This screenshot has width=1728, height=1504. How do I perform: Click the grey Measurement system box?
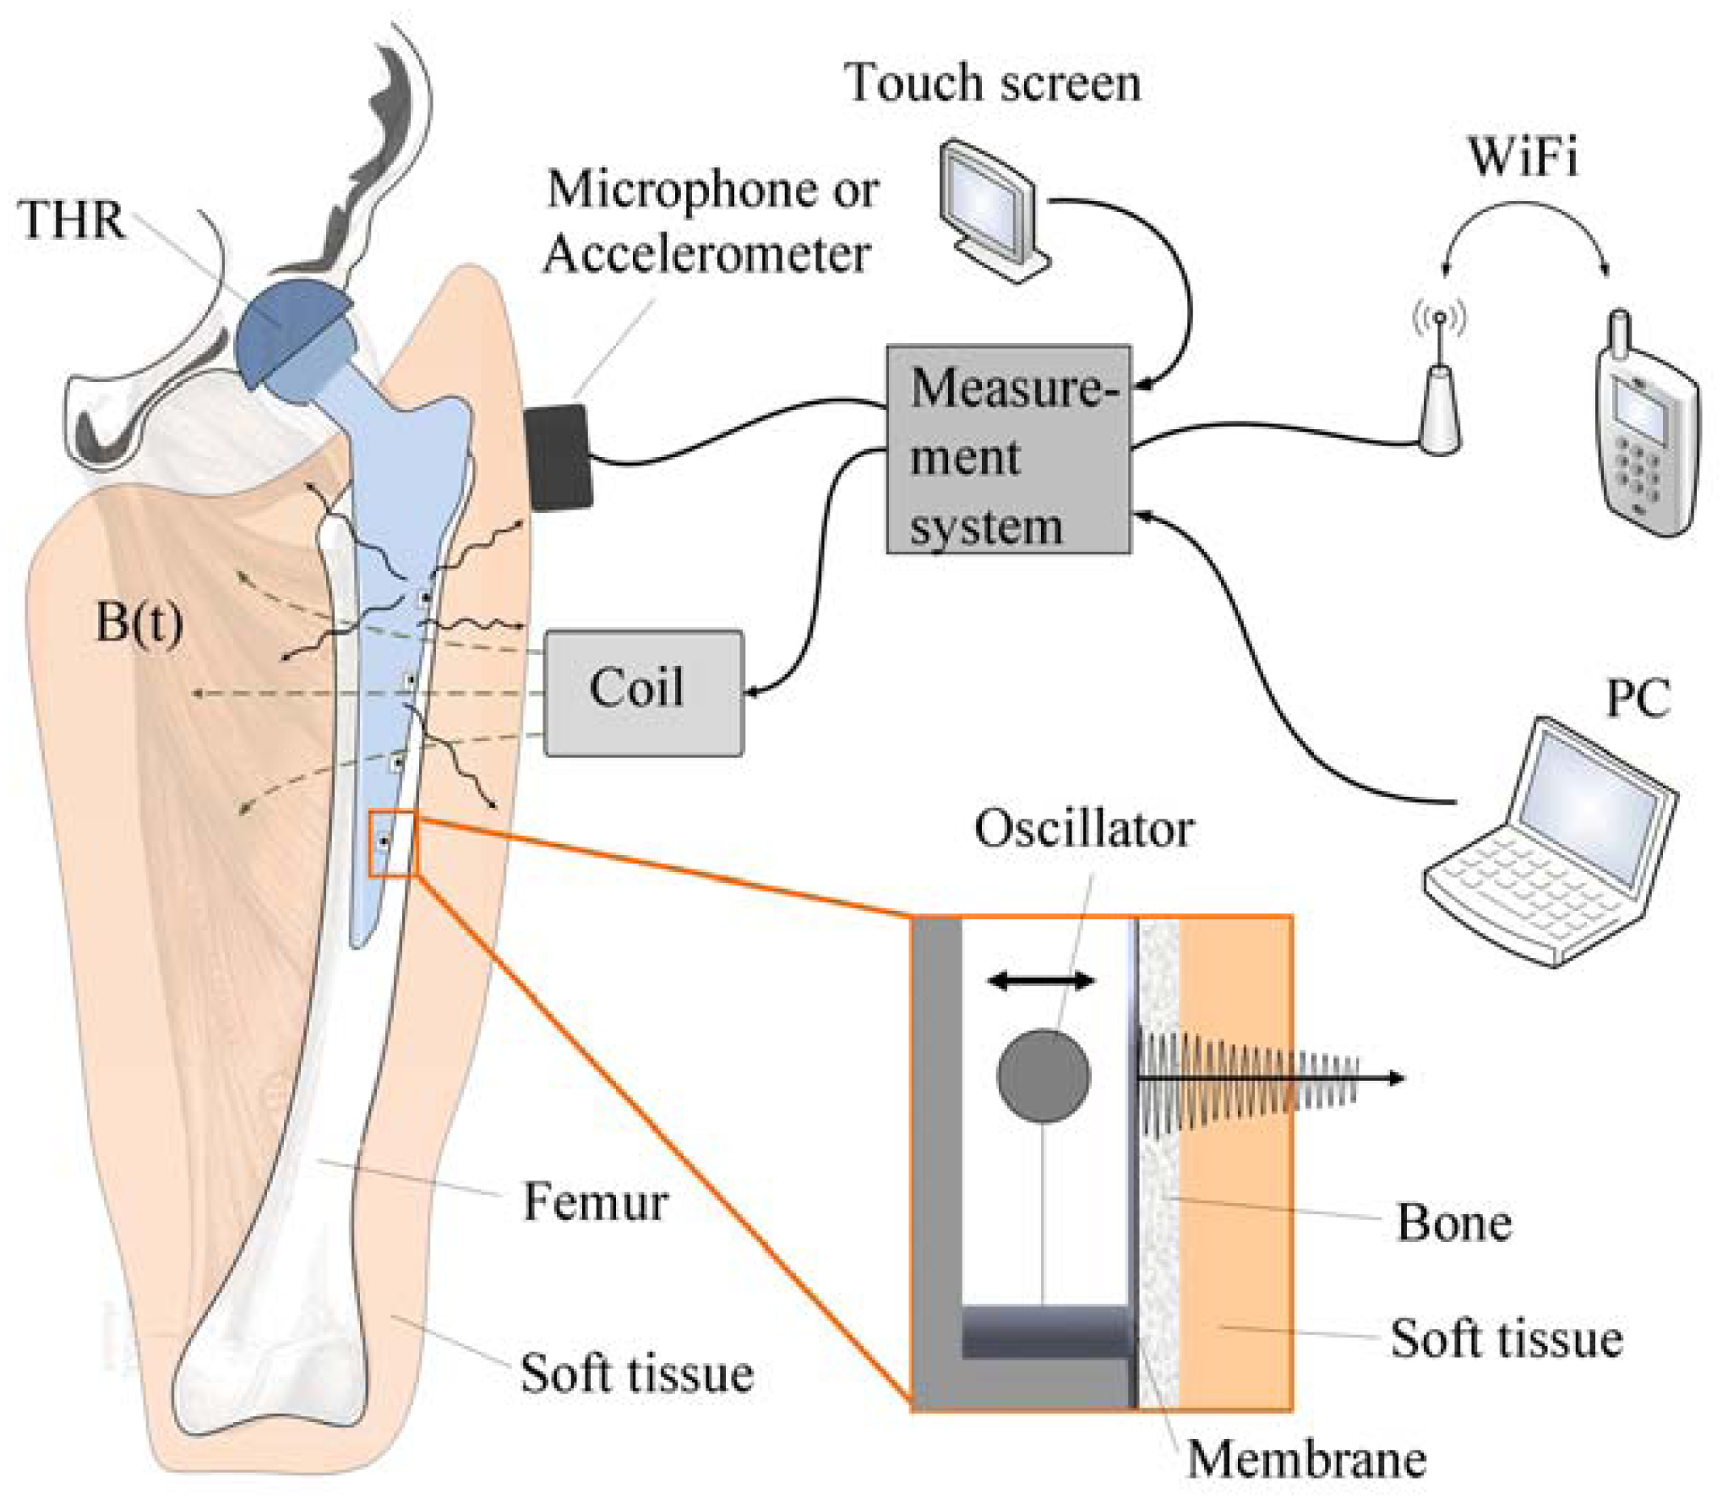[x=1007, y=450]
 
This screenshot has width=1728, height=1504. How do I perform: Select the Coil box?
[x=644, y=692]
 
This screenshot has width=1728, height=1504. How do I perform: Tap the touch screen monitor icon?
[x=993, y=211]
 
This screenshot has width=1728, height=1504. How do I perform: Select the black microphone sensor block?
[x=557, y=457]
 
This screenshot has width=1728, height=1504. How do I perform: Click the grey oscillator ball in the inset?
[x=1043, y=1076]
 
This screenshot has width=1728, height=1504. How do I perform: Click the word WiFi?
[x=1523, y=156]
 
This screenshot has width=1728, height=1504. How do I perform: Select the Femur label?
[x=595, y=1202]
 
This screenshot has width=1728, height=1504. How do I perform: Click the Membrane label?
[x=1306, y=1458]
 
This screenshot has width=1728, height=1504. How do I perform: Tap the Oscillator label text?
[x=1084, y=829]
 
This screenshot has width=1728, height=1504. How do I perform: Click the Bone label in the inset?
[x=1453, y=1222]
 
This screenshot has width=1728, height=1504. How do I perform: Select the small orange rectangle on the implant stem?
[x=393, y=844]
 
